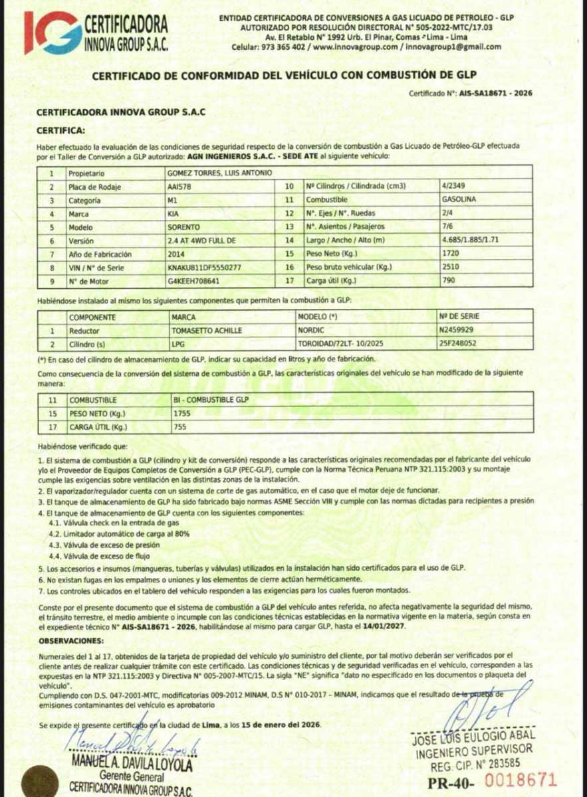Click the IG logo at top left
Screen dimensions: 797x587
tap(53, 33)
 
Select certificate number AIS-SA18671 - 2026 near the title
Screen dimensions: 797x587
tap(495, 94)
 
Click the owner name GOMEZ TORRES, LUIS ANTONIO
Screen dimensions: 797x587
tap(219, 173)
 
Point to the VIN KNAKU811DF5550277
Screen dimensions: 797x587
tap(205, 268)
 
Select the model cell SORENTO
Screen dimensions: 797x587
tap(184, 227)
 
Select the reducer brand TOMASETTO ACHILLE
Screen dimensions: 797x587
tap(206, 330)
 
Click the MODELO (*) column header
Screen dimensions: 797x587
tap(318, 317)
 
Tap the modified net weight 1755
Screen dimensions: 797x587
tap(181, 414)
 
